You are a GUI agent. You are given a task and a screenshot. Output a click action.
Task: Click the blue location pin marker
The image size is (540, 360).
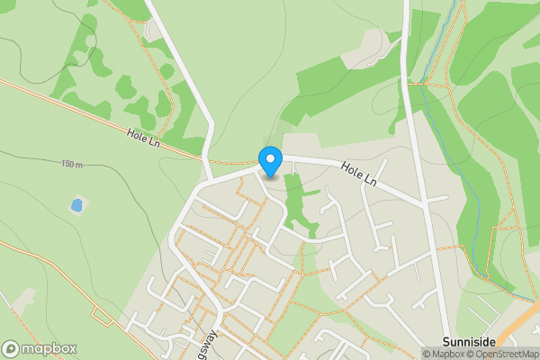coord(270,161)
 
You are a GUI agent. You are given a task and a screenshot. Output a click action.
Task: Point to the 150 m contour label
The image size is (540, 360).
coord(73,165)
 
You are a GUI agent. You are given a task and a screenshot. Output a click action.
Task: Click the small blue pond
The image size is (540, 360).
coord(76,206)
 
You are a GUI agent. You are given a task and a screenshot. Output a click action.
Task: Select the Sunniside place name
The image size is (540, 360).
coord(470,342)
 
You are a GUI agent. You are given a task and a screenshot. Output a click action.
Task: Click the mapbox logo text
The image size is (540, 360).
coord(49,348)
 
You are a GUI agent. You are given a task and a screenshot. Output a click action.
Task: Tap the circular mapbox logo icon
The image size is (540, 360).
coord(12,348)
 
